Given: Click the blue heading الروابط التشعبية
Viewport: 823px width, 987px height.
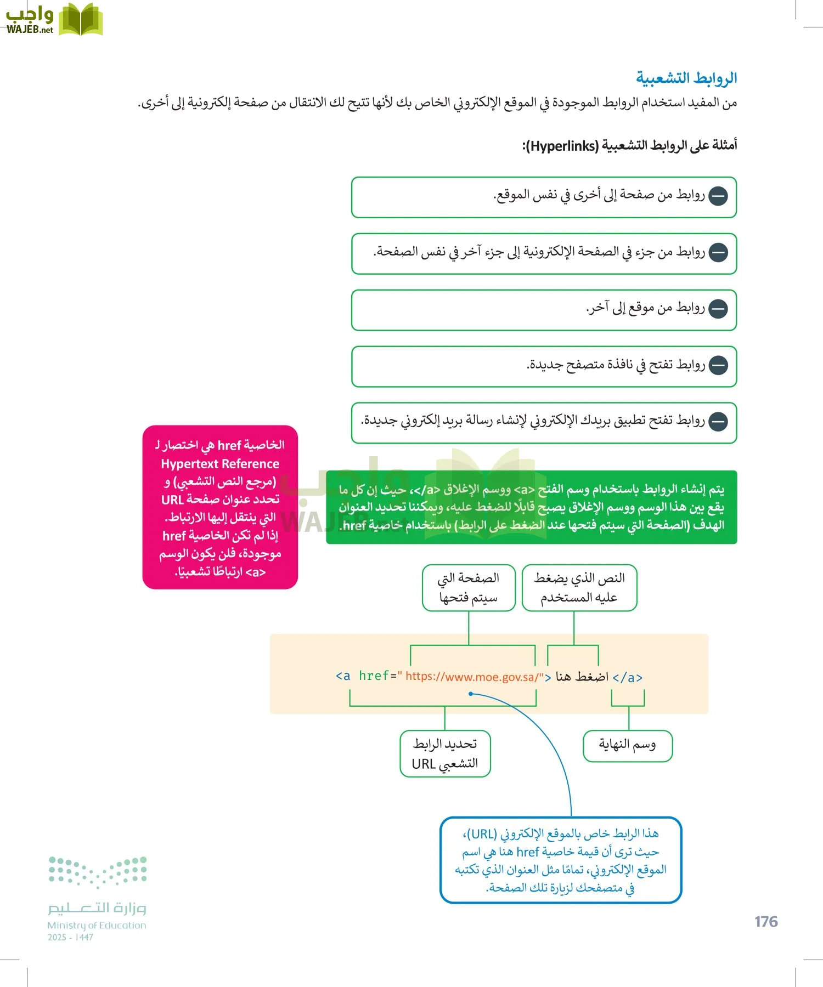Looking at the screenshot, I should click(686, 78).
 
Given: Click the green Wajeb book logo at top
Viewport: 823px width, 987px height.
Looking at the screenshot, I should click(81, 20).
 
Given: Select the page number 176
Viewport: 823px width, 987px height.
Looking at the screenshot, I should click(766, 921).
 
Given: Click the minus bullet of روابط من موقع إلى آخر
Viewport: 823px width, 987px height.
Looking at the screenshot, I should click(718, 309).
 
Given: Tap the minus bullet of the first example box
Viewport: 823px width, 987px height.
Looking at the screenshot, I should click(718, 196).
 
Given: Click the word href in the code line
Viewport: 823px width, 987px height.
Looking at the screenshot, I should click(374, 676).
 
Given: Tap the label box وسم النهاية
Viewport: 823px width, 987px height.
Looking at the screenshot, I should click(627, 745).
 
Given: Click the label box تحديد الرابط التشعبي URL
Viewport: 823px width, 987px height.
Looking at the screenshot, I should click(445, 753).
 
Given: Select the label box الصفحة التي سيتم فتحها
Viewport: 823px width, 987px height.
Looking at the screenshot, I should click(469, 587).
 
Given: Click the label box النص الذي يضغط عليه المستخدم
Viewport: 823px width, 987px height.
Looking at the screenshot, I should click(579, 587).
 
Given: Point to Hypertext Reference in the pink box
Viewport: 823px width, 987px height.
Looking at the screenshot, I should click(220, 464).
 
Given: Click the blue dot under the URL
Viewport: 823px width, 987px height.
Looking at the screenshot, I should click(471, 694).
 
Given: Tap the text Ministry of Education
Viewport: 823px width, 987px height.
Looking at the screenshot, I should click(97, 925).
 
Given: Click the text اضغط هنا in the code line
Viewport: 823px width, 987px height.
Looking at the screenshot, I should click(582, 677).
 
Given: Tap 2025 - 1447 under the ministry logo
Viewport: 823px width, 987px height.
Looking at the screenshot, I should click(70, 937).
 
